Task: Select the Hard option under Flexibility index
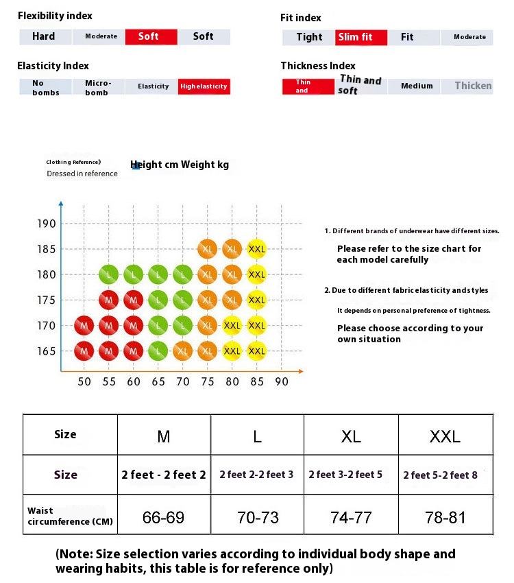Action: pyautogui.click(x=44, y=37)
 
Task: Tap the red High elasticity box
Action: pyautogui.click(x=203, y=86)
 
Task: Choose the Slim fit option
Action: pyautogui.click(x=361, y=37)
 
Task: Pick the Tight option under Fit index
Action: pyautogui.click(x=309, y=37)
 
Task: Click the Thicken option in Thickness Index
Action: pyautogui.click(x=473, y=86)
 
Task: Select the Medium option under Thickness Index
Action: pyautogui.click(x=417, y=86)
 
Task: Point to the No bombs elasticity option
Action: pyautogui.click(x=45, y=87)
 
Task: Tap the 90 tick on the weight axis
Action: pyautogui.click(x=282, y=382)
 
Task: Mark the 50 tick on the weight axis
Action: pyautogui.click(x=84, y=382)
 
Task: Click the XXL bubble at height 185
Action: pyautogui.click(x=256, y=249)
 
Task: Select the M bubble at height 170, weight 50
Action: pyautogui.click(x=84, y=325)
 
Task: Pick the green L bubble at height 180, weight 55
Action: pyautogui.click(x=109, y=274)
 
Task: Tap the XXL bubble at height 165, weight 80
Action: pyautogui.click(x=232, y=351)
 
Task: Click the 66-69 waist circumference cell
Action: pyautogui.click(x=163, y=517)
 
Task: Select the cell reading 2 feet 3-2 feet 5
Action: pyautogui.click(x=350, y=475)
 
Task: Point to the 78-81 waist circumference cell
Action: pyautogui.click(x=445, y=517)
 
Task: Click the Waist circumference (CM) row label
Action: pyautogui.click(x=70, y=516)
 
